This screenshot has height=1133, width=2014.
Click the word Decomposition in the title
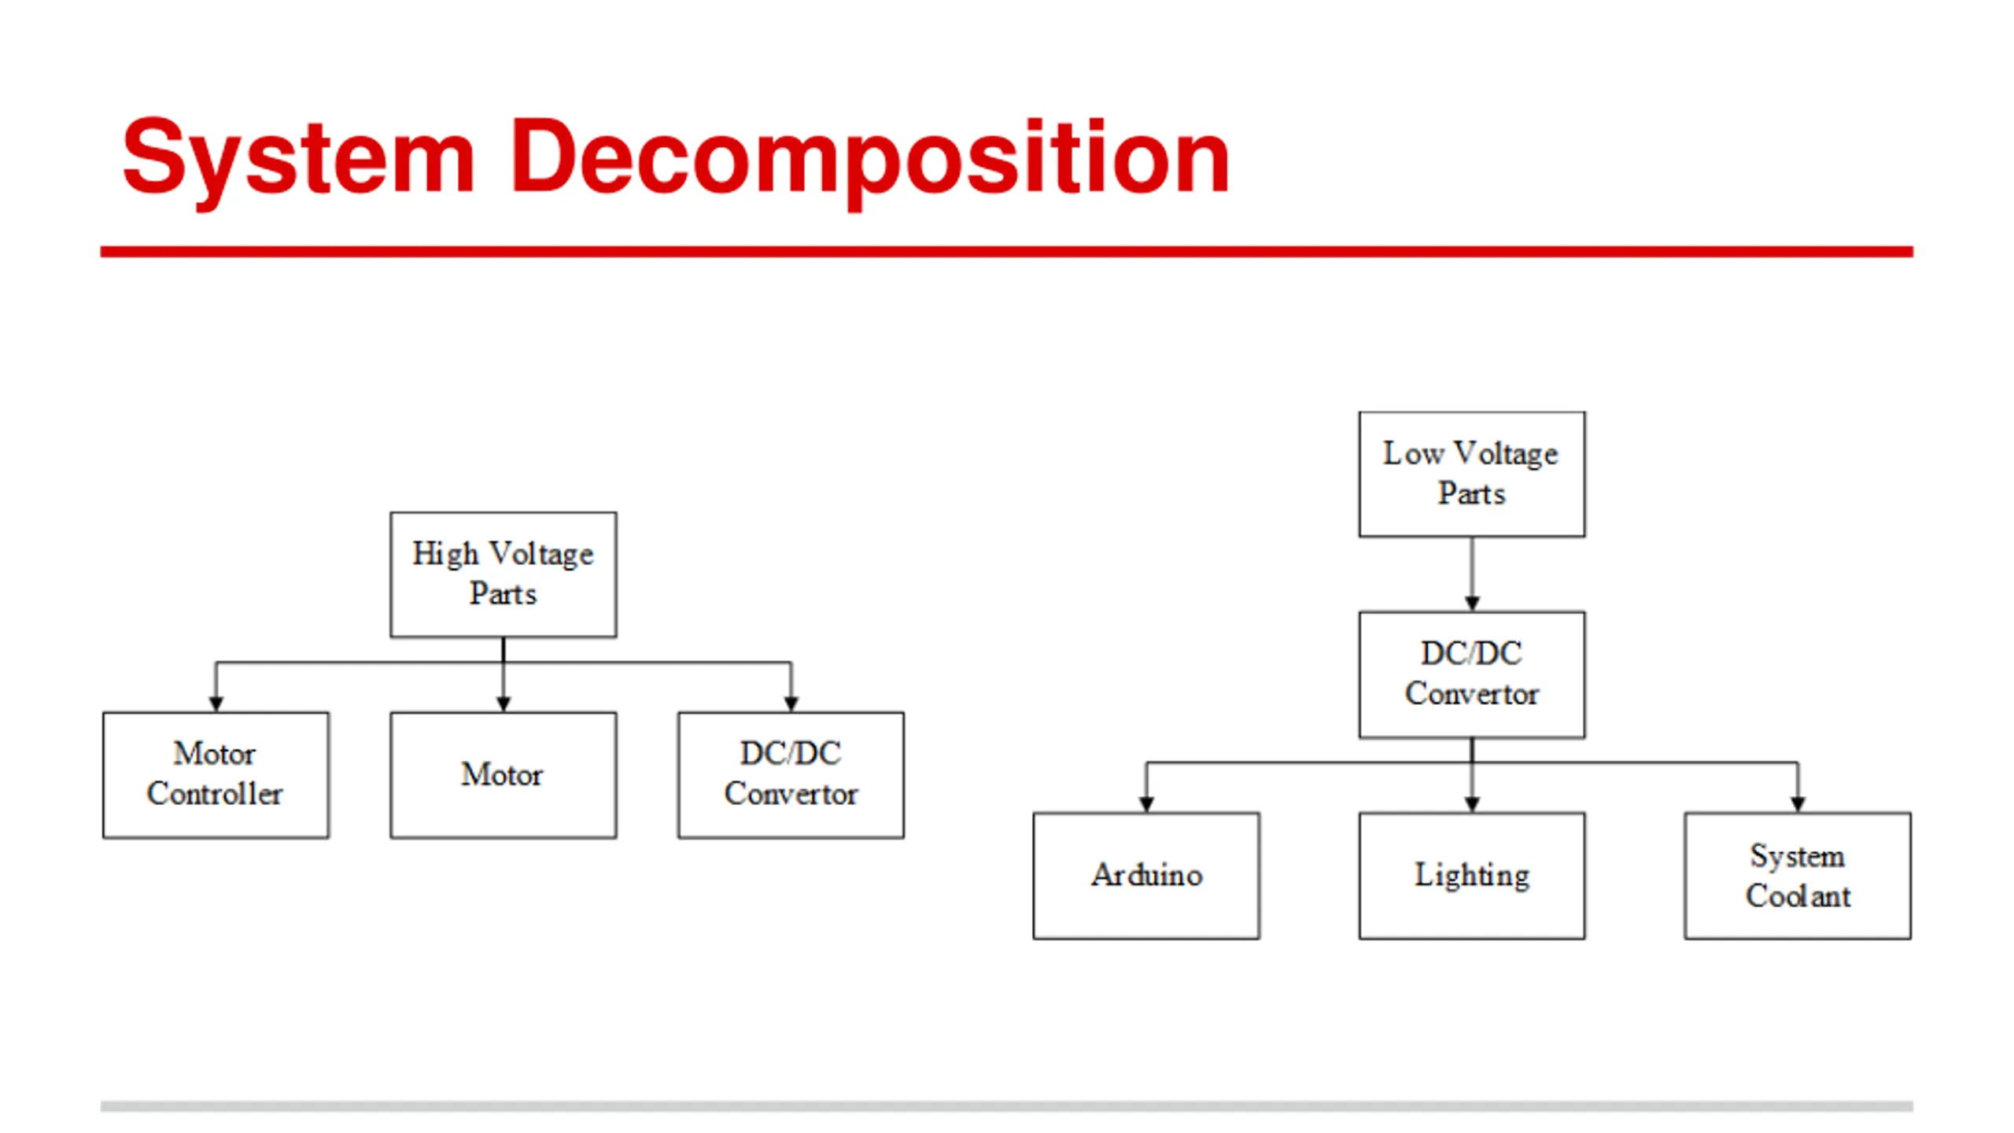coord(869,157)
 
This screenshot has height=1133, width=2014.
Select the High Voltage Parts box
coord(503,574)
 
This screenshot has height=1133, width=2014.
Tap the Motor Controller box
coord(216,775)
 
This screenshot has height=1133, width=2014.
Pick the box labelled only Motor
coord(503,775)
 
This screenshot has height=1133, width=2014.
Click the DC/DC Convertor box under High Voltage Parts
coord(791,775)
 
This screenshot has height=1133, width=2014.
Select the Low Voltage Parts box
coord(1471,474)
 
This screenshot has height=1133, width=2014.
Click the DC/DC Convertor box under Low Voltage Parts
coord(1471,674)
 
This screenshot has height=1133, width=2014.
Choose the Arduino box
coord(1146,875)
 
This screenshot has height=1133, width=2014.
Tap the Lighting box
coord(1471,875)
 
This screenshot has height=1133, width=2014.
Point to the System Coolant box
coord(1797,875)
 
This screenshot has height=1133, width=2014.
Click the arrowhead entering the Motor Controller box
coord(216,703)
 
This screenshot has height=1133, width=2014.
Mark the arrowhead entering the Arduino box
coord(1146,803)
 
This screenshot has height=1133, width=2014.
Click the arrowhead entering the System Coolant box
coord(1798,803)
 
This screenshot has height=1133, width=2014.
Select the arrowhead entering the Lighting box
coord(1472,803)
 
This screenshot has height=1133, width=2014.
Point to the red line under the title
coord(1007,252)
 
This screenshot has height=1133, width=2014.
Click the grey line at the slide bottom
coord(1007,1105)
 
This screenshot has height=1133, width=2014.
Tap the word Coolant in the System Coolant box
coord(1798,896)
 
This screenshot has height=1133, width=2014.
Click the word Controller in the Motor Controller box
coord(215,794)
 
